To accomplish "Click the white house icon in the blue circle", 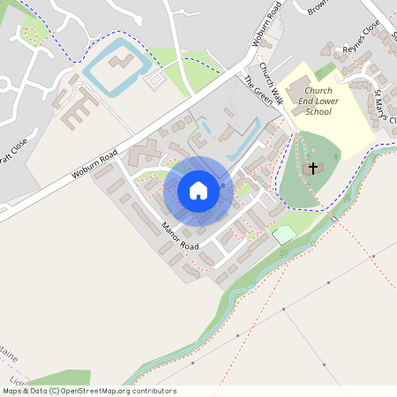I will click(x=198, y=190).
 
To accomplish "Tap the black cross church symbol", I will click(x=313, y=168).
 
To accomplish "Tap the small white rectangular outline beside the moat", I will click(x=154, y=79).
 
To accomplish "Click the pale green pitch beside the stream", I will click(x=284, y=235).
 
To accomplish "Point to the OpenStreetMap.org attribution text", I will click(x=88, y=391).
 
